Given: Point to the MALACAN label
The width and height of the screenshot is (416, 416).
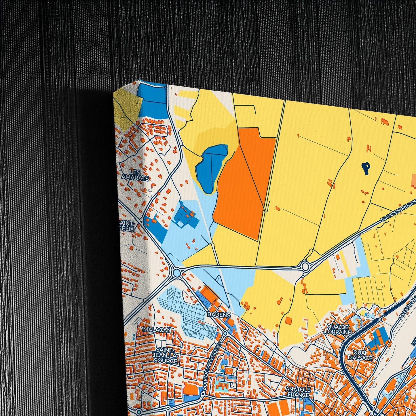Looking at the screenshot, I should (x=158, y=330).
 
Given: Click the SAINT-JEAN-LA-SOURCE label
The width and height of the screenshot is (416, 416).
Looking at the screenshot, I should (x=166, y=355).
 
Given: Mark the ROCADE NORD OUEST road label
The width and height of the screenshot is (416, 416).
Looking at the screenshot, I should (x=399, y=212).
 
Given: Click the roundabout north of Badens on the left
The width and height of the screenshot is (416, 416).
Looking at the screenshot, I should (x=177, y=272).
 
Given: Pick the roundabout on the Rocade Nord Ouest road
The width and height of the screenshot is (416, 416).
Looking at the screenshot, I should (x=305, y=266).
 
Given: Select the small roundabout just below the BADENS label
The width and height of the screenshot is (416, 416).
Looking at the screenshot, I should (x=225, y=333).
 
